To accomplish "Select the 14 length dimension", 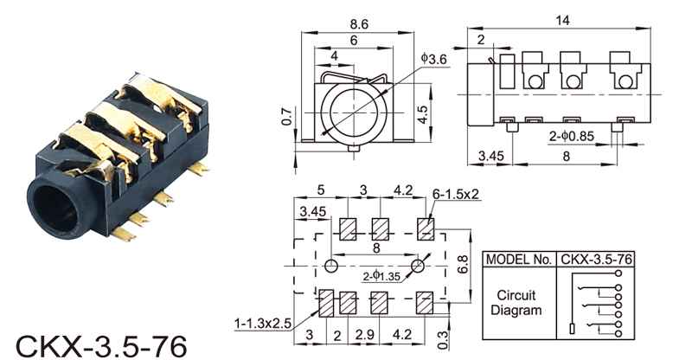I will pyautogui.click(x=562, y=19).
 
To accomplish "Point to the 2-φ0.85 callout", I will pyautogui.click(x=572, y=135).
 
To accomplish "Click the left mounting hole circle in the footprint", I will pyautogui.click(x=331, y=265).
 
